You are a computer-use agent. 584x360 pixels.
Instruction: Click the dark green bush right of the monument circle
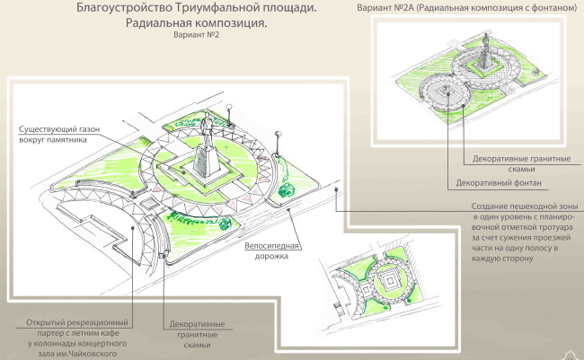(288, 188)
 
